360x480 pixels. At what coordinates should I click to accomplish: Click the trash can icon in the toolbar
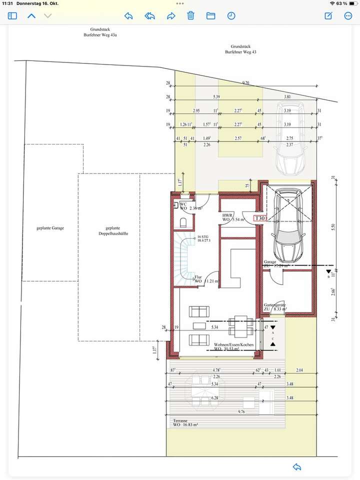190,15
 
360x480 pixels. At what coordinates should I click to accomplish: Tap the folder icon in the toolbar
211,15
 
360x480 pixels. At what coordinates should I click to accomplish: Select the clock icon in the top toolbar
231,15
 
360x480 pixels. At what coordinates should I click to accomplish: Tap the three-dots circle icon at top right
348,15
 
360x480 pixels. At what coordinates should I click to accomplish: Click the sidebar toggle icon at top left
12,15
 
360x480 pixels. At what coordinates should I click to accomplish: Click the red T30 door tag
260,218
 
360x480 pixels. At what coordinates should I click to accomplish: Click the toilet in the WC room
183,222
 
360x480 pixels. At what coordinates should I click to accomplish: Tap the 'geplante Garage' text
50,228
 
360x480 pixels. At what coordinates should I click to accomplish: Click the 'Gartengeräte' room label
275,304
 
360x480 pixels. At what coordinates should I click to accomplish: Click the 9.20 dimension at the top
245,82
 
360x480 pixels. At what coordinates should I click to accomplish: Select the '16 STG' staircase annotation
203,236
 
